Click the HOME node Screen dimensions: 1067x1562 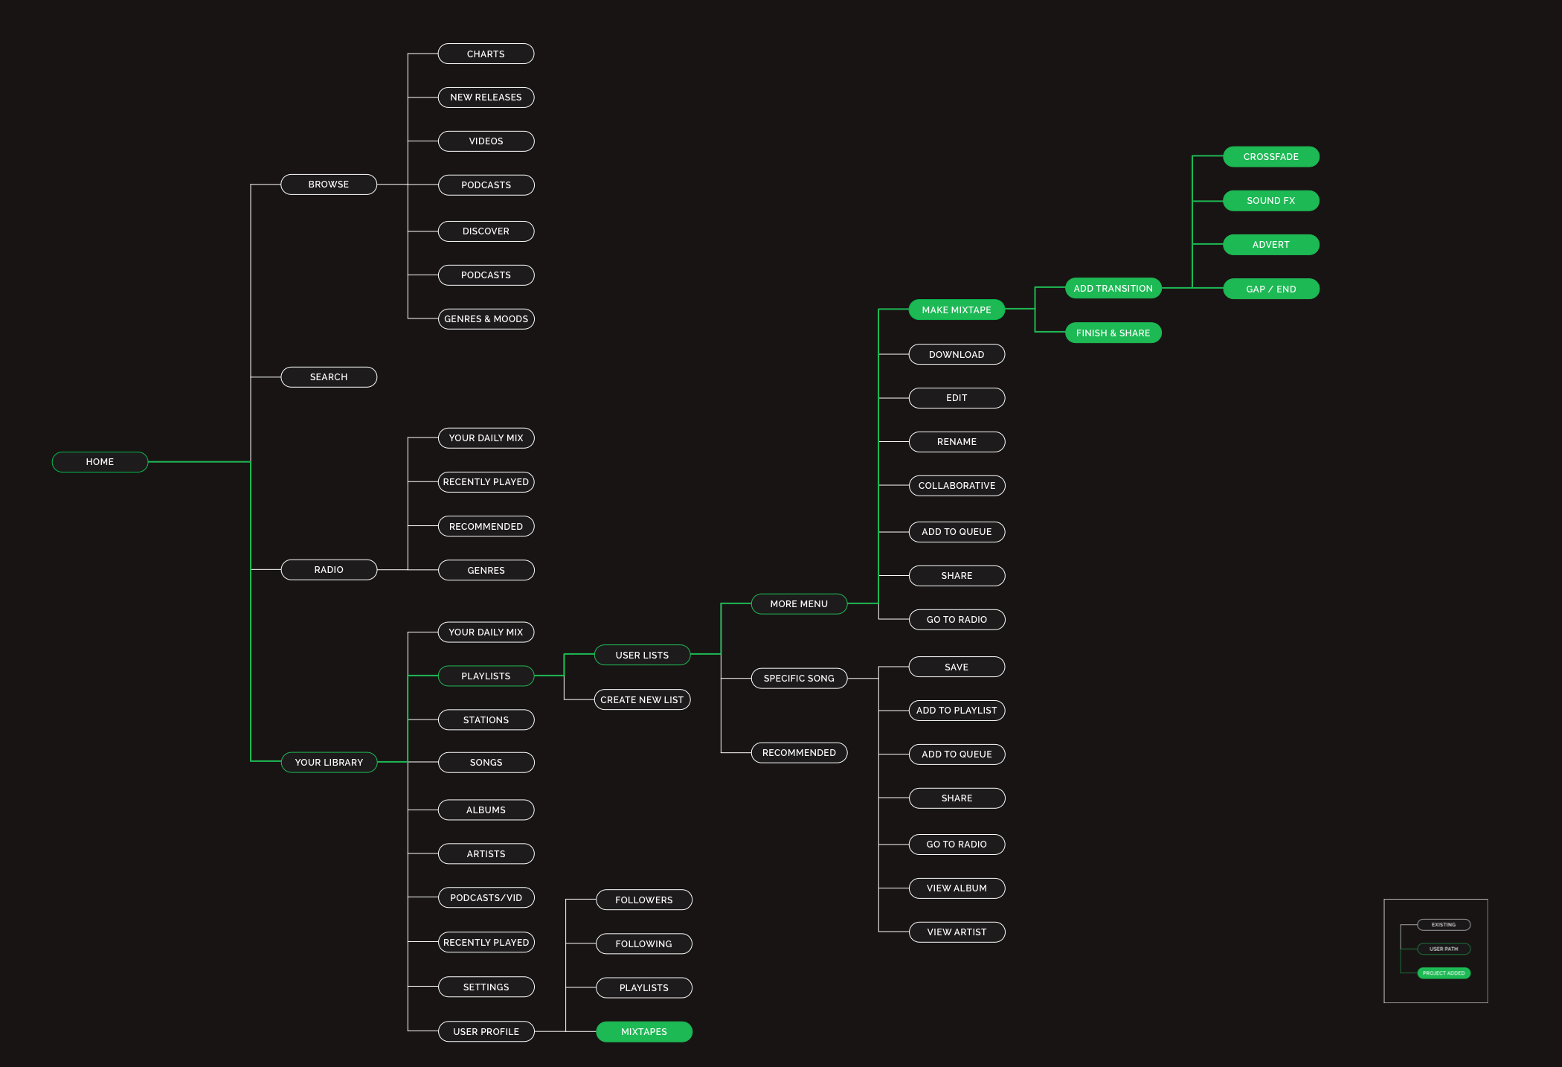[100, 462]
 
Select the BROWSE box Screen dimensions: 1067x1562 [329, 185]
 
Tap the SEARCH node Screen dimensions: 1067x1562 [329, 377]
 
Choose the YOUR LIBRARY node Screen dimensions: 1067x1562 [329, 763]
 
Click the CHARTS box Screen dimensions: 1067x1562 [486, 54]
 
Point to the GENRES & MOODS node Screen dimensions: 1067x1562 [486, 319]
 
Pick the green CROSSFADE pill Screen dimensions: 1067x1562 [1270, 157]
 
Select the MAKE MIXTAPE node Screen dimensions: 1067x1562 [957, 310]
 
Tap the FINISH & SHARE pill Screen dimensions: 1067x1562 [1113, 333]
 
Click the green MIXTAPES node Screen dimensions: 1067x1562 [644, 1032]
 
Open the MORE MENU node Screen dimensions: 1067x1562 [799, 604]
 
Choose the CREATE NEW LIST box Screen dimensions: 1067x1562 [642, 700]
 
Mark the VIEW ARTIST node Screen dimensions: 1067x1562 [957, 932]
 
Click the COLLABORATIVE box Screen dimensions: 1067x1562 [957, 486]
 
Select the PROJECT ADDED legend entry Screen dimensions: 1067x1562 [1444, 973]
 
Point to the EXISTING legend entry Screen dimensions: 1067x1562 [1444, 925]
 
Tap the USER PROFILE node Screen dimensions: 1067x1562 [486, 1032]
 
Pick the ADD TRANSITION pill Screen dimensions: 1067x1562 [1113, 289]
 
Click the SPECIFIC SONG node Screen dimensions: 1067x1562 [799, 679]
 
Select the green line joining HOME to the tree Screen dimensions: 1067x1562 [199, 462]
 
